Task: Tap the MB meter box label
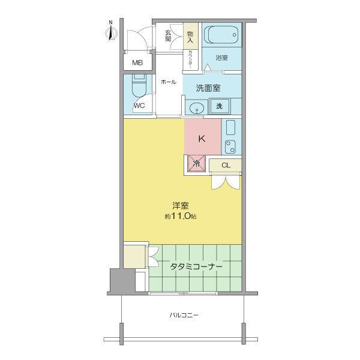click(137, 62)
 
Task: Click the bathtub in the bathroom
click(221, 35)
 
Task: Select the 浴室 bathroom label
click(221, 58)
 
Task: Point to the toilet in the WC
click(139, 86)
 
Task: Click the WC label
click(139, 106)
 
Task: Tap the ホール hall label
click(169, 82)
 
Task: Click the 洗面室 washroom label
click(208, 88)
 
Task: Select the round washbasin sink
click(197, 107)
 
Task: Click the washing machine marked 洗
click(220, 106)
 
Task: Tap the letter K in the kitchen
click(202, 139)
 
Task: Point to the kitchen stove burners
click(230, 146)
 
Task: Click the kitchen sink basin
click(230, 127)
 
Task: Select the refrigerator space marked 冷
click(196, 163)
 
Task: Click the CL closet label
click(226, 165)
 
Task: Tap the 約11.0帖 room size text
click(181, 216)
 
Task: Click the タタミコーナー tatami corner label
click(196, 266)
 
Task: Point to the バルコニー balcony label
click(184, 315)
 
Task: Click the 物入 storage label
click(190, 37)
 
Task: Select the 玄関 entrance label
click(168, 36)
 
